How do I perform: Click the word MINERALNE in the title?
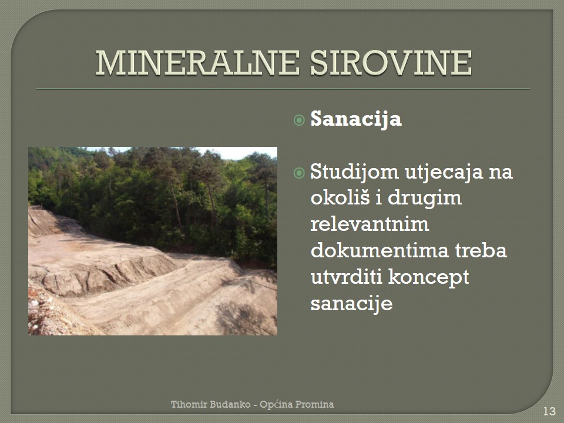tap(197, 63)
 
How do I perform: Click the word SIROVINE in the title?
tap(391, 63)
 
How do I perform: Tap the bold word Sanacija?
tap(356, 119)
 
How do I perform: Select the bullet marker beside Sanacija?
tap(299, 120)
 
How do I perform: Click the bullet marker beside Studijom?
tap(299, 173)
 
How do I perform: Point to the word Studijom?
tap(355, 172)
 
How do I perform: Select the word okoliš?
tap(340, 197)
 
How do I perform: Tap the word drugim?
tap(425, 199)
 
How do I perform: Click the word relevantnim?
tap(370, 224)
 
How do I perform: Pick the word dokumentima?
tap(380, 250)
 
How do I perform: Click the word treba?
tap(481, 250)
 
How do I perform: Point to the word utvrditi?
tap(347, 277)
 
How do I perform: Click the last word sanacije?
tap(351, 304)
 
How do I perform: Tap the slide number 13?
tap(549, 411)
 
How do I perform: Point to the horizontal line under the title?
tap(283, 89)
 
